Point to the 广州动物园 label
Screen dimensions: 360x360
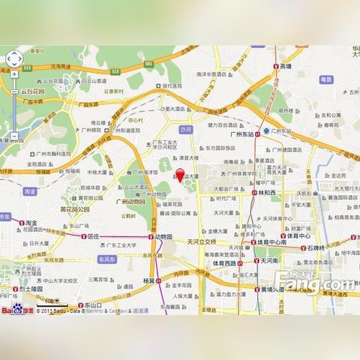[x=130, y=201]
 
